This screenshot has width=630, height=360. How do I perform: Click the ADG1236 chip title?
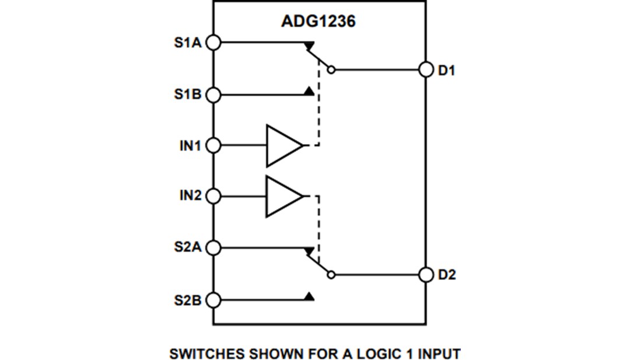(318, 22)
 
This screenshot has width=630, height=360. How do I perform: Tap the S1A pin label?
(187, 42)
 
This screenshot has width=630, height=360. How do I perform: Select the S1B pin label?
(187, 93)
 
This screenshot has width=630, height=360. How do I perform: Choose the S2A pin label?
(187, 247)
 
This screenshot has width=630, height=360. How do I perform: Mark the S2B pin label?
(187, 300)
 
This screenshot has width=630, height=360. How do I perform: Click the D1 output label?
(446, 70)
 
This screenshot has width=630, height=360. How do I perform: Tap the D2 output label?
(446, 275)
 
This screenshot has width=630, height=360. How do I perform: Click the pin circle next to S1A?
(213, 42)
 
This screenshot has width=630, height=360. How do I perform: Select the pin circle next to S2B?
(213, 300)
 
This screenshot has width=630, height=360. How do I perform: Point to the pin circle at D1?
(426, 69)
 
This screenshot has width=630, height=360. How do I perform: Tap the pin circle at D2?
(426, 274)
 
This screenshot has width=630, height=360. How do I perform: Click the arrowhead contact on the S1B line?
(309, 92)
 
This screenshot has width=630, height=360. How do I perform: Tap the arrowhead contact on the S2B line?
(309, 297)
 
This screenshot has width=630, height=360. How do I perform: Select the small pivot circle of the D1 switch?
(331, 70)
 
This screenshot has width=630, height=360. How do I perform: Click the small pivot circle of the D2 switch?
(331, 275)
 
